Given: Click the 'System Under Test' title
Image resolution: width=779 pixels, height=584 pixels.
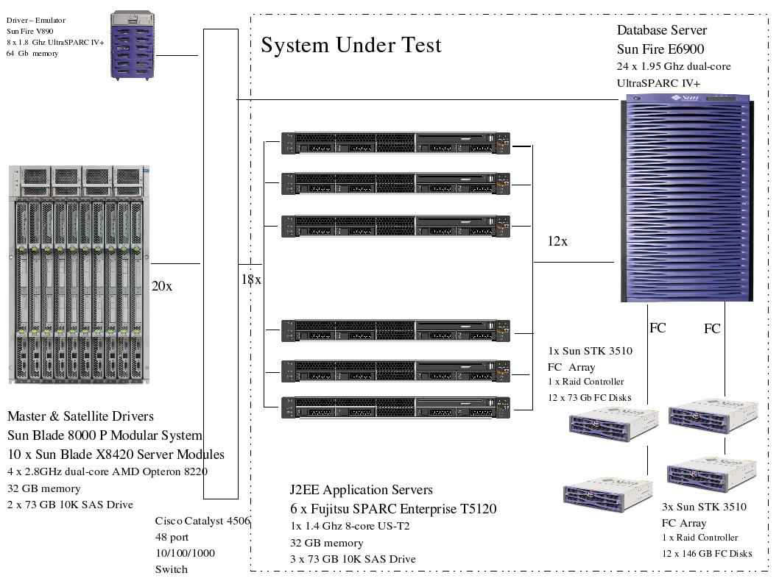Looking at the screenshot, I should [x=351, y=45].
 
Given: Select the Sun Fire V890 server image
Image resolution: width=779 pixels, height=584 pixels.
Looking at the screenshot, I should [x=133, y=44].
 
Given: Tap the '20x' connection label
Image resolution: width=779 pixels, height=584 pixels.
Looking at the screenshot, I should [x=162, y=286].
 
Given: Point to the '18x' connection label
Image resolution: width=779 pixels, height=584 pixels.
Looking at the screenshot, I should [x=251, y=279].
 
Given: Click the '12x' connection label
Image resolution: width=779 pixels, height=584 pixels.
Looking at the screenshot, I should [x=557, y=241].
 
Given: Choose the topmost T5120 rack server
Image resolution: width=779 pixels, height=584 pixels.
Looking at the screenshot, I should [x=396, y=143].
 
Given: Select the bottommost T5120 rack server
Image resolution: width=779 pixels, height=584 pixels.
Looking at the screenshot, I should [x=396, y=407].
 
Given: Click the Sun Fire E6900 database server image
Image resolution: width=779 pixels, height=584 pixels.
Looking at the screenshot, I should [x=687, y=198].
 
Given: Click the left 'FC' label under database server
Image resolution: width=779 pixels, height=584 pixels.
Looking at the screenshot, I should [x=658, y=328].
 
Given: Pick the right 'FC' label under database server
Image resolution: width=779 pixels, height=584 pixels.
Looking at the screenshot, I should [x=712, y=329].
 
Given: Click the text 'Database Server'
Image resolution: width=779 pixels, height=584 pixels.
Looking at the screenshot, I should [x=661, y=30].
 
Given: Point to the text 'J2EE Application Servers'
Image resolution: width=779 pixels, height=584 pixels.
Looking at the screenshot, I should [x=362, y=490].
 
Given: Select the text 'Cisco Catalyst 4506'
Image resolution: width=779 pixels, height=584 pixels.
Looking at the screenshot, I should [x=202, y=521].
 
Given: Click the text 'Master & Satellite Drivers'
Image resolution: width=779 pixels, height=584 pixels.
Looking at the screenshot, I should [x=81, y=416].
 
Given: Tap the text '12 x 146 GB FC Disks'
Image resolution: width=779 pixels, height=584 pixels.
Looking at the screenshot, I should [x=707, y=553].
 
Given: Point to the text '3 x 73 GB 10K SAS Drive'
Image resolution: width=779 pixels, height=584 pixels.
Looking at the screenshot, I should [x=353, y=559].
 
